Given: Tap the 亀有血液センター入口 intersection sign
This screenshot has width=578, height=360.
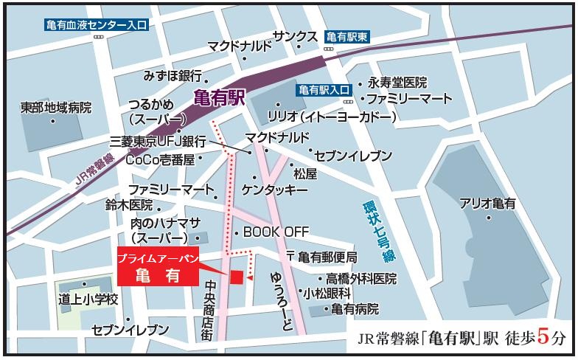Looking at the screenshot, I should (97, 25).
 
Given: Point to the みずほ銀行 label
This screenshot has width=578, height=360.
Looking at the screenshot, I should (173, 76).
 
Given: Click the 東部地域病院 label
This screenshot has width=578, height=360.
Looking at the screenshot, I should (56, 108).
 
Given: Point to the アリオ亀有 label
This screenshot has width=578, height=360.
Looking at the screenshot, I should (487, 203).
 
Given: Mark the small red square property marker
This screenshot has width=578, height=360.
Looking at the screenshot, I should (237, 277).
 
